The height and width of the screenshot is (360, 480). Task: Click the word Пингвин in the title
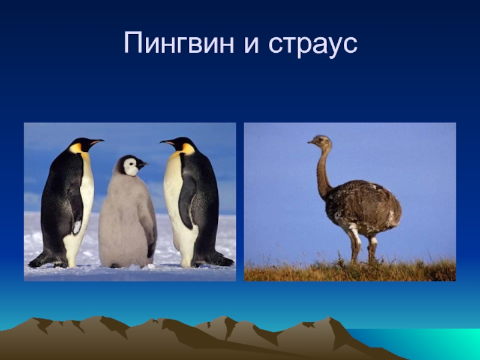click(x=178, y=44)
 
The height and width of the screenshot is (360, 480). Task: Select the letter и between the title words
click(x=248, y=45)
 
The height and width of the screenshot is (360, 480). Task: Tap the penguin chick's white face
click(x=130, y=167)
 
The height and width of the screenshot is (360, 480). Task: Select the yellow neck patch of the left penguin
click(x=76, y=148)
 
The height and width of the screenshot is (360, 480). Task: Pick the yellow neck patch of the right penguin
click(x=188, y=148)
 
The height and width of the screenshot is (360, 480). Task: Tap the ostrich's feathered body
click(x=363, y=207)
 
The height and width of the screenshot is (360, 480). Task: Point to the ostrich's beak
click(x=311, y=143)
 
